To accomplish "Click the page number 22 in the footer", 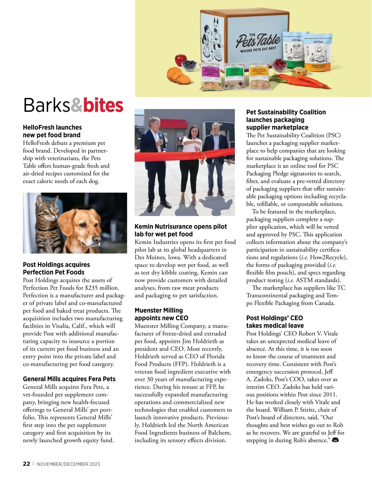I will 26,464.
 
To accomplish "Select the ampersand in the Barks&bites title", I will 76,105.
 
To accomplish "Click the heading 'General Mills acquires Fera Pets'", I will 69,379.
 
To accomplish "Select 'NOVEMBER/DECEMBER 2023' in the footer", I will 68,464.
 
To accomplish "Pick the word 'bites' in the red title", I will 103,105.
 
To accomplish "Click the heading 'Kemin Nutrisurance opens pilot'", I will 180,227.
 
